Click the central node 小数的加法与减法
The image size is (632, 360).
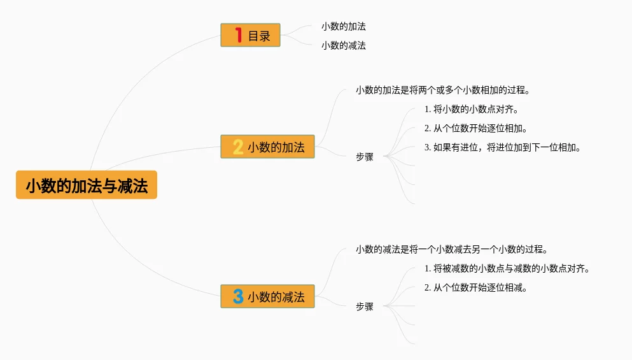click(87, 185)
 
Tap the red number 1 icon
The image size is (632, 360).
click(239, 36)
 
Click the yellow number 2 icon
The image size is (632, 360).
click(238, 147)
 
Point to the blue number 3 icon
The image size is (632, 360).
click(238, 296)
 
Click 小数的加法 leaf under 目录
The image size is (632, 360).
click(343, 27)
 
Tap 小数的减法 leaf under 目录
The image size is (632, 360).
click(343, 45)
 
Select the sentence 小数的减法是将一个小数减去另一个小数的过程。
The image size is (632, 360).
click(452, 249)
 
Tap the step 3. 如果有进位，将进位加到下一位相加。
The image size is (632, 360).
click(502, 147)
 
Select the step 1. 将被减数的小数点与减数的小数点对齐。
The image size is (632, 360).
click(507, 268)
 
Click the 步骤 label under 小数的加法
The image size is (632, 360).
click(365, 157)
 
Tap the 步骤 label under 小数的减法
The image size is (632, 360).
click(365, 306)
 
